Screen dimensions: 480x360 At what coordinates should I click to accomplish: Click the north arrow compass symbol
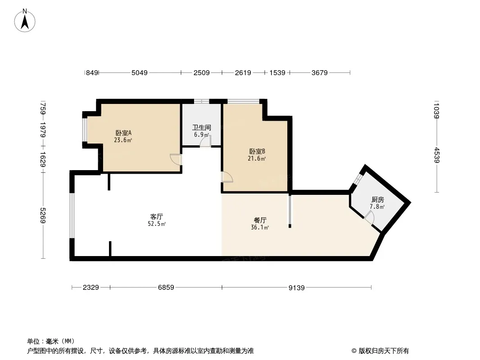coord(25,21)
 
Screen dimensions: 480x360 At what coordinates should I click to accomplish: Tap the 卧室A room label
coord(123,133)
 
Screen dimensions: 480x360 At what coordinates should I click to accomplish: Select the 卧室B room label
coord(257,151)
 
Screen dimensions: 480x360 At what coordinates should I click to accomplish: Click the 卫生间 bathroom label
coord(201,127)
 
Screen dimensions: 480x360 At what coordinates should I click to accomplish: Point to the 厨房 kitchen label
coord(377,199)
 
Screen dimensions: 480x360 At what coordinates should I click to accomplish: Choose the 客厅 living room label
coord(156,216)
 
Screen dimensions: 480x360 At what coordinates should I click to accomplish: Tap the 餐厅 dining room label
coord(260,220)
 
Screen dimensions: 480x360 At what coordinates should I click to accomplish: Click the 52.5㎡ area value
coord(157,224)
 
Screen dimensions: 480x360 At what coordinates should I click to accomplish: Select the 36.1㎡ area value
coord(260,227)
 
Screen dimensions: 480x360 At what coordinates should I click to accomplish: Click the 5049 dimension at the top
coord(139,73)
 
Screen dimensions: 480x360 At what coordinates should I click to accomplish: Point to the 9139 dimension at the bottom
coord(297,288)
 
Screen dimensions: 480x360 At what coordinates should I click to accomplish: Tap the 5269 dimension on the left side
coord(43,216)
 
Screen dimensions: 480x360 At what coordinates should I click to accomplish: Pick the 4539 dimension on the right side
coord(437,155)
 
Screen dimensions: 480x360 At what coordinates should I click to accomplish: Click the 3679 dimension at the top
coord(320,73)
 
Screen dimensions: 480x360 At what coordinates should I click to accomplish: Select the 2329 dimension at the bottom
coord(91,288)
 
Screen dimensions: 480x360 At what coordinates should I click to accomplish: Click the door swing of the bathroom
coord(205,142)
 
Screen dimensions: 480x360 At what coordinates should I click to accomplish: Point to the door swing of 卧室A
coord(176,159)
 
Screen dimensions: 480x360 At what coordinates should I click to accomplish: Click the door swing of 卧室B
coord(227,177)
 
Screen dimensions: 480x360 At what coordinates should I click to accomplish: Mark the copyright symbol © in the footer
coord(354,351)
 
